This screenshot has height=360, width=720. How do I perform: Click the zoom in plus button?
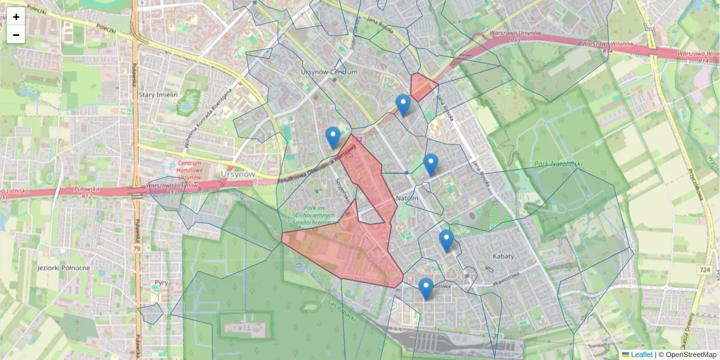click(16, 17)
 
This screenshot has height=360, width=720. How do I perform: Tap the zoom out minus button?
click(16, 35)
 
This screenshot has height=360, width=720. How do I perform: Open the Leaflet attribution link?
click(641, 355)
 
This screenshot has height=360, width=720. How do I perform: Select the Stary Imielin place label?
click(158, 95)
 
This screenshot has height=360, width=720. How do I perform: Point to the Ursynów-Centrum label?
click(329, 72)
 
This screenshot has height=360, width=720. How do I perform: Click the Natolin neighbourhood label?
click(407, 197)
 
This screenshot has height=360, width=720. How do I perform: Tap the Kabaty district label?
click(503, 256)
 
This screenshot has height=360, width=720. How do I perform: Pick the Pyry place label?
click(161, 282)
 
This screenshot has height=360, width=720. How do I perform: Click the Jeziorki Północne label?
click(64, 268)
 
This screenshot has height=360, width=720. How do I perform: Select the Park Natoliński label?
click(559, 164)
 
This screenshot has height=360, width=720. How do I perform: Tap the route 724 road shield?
click(704, 270)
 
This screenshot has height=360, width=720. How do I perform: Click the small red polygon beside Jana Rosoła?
click(422, 86)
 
